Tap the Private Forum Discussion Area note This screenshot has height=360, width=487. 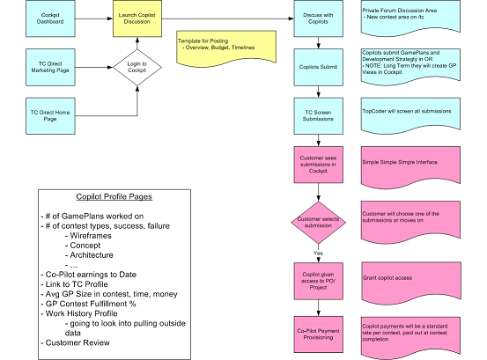pos(414,17)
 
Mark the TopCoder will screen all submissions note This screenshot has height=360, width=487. pos(414,114)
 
